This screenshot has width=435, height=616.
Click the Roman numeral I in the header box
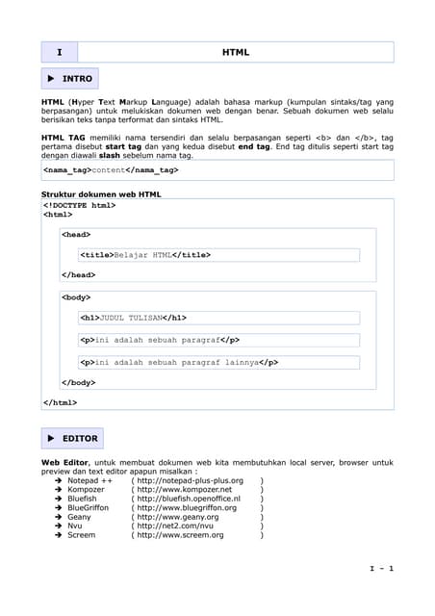click(59, 52)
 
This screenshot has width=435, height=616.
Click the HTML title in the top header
click(235, 52)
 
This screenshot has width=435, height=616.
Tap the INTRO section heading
click(77, 78)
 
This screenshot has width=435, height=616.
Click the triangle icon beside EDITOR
click(51, 438)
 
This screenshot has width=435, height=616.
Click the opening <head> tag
click(76, 234)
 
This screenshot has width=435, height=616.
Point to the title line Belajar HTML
click(145, 255)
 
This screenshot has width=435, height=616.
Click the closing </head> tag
click(78, 275)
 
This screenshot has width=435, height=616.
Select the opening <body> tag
click(76, 297)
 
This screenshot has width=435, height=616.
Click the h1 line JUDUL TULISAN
click(134, 318)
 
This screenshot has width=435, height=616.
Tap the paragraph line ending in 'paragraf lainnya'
click(180, 363)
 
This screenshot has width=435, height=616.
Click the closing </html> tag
click(61, 402)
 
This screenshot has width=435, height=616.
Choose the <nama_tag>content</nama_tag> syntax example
click(111, 169)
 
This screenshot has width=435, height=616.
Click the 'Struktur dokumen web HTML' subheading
click(101, 193)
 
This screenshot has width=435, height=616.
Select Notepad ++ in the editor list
click(90, 480)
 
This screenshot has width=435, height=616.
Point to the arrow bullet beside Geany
click(58, 517)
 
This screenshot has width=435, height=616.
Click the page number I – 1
click(382, 569)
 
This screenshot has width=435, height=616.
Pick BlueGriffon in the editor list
click(88, 508)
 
